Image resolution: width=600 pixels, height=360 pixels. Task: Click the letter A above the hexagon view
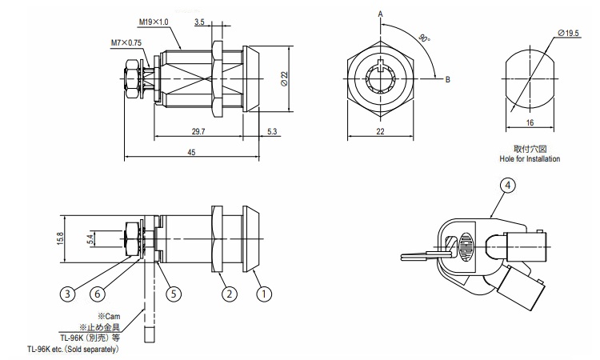click(x=381, y=14)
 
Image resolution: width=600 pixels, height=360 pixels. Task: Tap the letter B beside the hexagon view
click(x=448, y=78)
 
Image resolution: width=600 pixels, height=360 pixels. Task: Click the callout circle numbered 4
click(x=506, y=186)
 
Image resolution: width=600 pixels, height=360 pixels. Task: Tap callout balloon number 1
click(x=260, y=294)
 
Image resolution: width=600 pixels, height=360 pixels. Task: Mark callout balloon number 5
click(x=172, y=294)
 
